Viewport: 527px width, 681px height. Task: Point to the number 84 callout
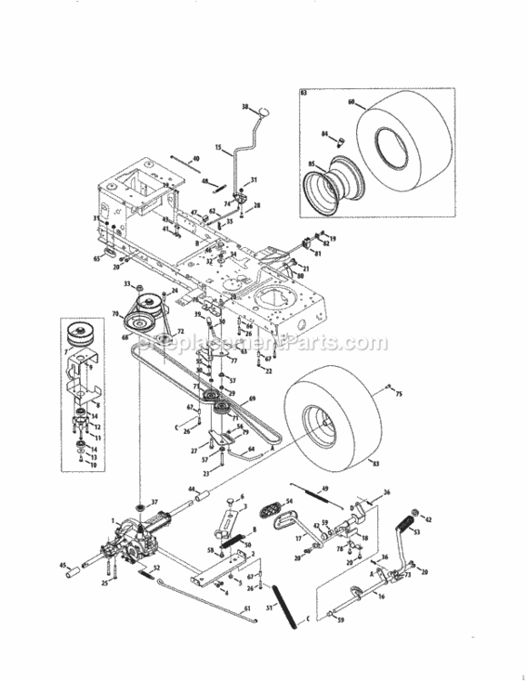point(324,134)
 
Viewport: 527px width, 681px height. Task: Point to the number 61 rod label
point(247,609)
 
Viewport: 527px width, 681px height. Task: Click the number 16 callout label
point(382,597)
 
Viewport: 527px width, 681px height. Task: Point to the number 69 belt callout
point(253,400)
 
